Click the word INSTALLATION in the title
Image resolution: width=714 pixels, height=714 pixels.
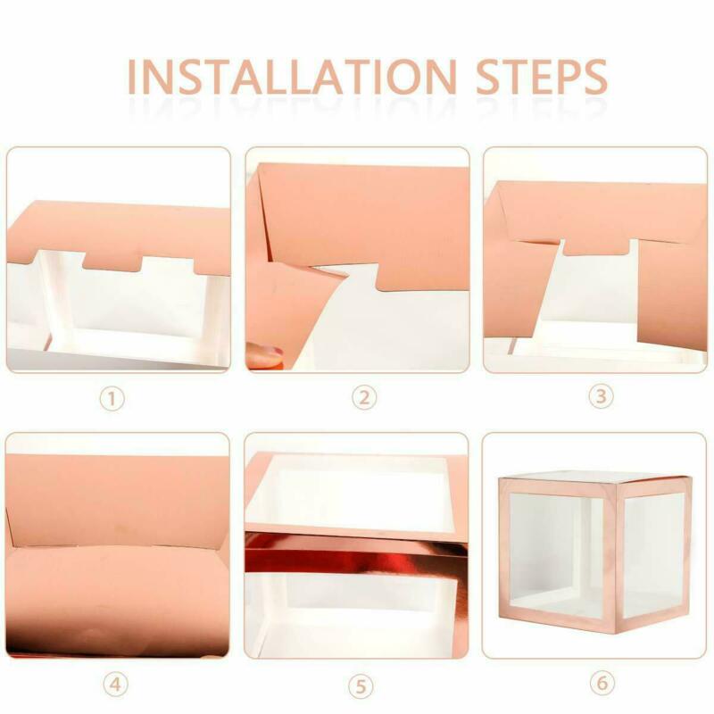coord(292,77)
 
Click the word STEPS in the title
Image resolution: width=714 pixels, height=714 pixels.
coord(542,77)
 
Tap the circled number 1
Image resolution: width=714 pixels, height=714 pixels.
coord(112,399)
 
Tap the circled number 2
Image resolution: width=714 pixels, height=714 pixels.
coord(364,397)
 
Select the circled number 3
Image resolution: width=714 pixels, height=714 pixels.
coord(601,395)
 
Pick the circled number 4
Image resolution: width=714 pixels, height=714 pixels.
coord(116,684)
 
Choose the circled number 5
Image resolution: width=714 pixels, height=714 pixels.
coord(361,686)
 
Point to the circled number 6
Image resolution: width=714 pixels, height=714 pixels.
coord(602,683)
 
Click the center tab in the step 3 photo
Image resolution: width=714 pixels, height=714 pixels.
coord(596,246)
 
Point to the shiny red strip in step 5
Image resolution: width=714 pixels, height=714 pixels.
coord(356,552)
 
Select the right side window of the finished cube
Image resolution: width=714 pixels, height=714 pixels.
coord(653,555)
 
